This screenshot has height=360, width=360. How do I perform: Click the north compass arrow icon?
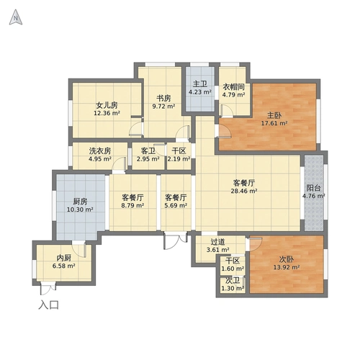(x=16, y=17)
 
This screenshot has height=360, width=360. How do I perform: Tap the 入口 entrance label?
(x=49, y=305)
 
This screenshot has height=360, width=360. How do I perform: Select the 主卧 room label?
(x=274, y=115)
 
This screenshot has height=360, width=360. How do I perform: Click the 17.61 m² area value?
(x=274, y=123)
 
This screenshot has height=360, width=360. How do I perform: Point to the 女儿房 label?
(x=107, y=105)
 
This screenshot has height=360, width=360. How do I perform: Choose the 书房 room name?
(x=163, y=98)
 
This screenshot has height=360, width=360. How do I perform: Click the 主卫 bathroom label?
(x=200, y=84)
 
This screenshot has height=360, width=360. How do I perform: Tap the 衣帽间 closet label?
(x=233, y=86)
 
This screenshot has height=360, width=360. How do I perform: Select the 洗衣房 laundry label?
(x=100, y=150)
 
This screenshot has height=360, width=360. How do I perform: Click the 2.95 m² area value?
(x=148, y=159)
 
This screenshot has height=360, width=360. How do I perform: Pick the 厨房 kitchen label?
(x=80, y=202)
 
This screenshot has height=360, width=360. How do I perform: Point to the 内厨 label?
(x=64, y=258)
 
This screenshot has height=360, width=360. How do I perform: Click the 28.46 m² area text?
(x=244, y=191)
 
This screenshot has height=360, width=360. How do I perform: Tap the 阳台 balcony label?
(x=313, y=188)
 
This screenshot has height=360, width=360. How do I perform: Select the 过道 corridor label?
(x=217, y=242)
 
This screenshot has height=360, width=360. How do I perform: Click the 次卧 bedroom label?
(x=287, y=259)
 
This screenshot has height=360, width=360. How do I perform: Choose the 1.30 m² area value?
(x=233, y=289)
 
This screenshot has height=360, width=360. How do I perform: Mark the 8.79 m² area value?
(x=132, y=205)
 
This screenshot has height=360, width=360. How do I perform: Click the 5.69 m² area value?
(x=176, y=205)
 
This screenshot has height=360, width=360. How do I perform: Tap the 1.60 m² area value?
(x=233, y=269)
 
